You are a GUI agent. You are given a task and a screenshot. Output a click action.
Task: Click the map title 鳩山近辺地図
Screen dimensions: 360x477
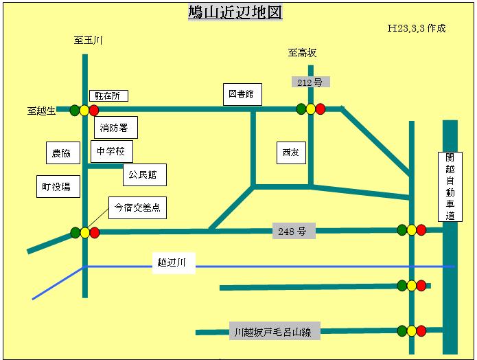(235, 12)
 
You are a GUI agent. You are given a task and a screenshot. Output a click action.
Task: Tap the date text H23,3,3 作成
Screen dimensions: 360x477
(417, 29)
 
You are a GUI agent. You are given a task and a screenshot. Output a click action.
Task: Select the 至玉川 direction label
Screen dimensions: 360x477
(89, 41)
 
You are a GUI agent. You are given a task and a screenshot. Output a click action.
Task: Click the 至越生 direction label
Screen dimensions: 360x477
(41, 110)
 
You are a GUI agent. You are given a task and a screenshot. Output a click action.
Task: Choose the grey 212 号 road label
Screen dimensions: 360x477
(310, 82)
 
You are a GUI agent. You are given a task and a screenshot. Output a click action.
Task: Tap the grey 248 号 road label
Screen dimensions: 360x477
(293, 232)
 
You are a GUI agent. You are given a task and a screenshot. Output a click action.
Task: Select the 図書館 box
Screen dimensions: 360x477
(243, 94)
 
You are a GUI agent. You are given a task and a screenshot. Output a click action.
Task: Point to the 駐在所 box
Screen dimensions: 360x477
(108, 96)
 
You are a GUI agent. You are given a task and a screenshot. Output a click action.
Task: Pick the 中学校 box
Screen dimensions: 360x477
(110, 151)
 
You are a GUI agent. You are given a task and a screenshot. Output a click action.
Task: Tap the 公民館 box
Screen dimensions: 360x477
(144, 175)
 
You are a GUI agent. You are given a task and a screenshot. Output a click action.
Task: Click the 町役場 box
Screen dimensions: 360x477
(56, 186)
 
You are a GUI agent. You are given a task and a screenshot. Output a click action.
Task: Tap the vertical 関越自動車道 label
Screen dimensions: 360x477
(450, 186)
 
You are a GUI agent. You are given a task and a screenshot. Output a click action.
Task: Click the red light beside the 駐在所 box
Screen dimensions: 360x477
(94, 110)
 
